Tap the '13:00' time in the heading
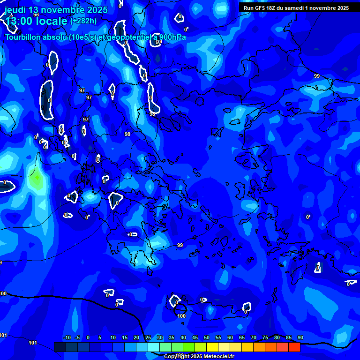point(19,21)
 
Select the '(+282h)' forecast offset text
point(83,21)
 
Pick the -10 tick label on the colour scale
point(67,338)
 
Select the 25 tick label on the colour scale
point(148,338)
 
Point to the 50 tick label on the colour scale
point(207,338)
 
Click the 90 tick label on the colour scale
point(300,338)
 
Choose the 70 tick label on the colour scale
point(254,338)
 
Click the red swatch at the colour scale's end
point(294,347)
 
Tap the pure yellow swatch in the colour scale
point(212,347)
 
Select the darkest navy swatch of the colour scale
point(60,347)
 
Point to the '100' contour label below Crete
point(182,316)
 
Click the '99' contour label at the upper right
point(317,76)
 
